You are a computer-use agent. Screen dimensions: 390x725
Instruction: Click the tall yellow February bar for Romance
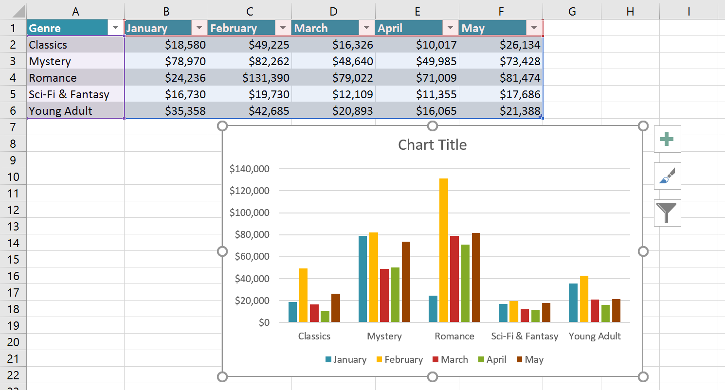point(443,250)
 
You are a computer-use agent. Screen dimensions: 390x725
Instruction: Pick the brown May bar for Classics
point(335,308)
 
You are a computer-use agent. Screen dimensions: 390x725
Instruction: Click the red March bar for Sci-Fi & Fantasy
point(525,316)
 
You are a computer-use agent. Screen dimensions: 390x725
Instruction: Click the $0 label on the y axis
point(264,323)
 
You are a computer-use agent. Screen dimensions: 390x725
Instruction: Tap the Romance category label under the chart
point(454,337)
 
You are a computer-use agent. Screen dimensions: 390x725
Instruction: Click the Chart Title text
point(432,145)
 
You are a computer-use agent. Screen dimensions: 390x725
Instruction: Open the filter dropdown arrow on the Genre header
point(115,28)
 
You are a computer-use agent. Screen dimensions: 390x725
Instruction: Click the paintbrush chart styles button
point(667,176)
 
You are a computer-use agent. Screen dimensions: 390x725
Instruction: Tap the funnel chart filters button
point(667,213)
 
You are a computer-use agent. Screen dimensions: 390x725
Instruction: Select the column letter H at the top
point(630,11)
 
